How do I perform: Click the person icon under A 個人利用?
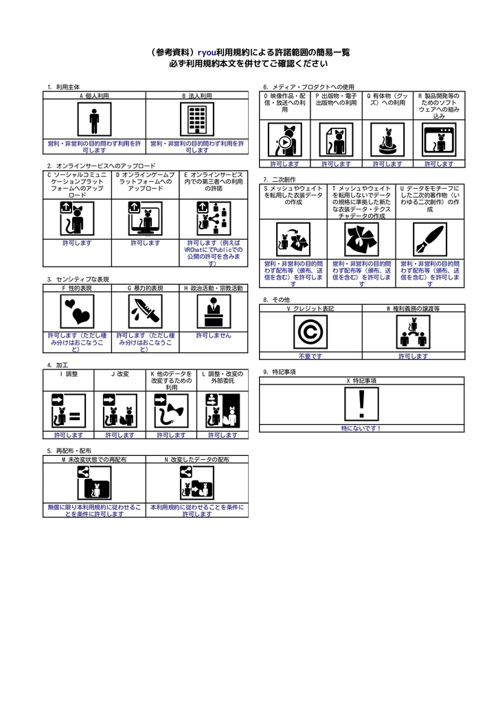coord(94,119)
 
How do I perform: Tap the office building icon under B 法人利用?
coord(197,119)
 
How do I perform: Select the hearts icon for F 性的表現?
coord(77,311)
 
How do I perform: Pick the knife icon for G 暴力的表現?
coord(146,311)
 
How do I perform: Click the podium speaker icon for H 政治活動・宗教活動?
coord(214,311)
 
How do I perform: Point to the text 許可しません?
coord(214,335)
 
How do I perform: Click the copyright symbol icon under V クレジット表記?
coord(310,332)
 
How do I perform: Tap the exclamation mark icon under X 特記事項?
coord(361,404)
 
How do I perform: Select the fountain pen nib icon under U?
coord(430,240)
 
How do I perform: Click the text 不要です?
coord(310,356)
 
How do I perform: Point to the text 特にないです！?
coord(361,428)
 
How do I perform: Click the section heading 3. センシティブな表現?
coord(78,279)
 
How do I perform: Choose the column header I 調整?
coord(69,374)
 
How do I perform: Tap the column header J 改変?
coord(120,374)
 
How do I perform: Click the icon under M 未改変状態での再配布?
coord(94,483)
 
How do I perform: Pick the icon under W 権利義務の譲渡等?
coord(414,332)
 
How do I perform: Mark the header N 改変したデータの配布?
coord(197,459)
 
